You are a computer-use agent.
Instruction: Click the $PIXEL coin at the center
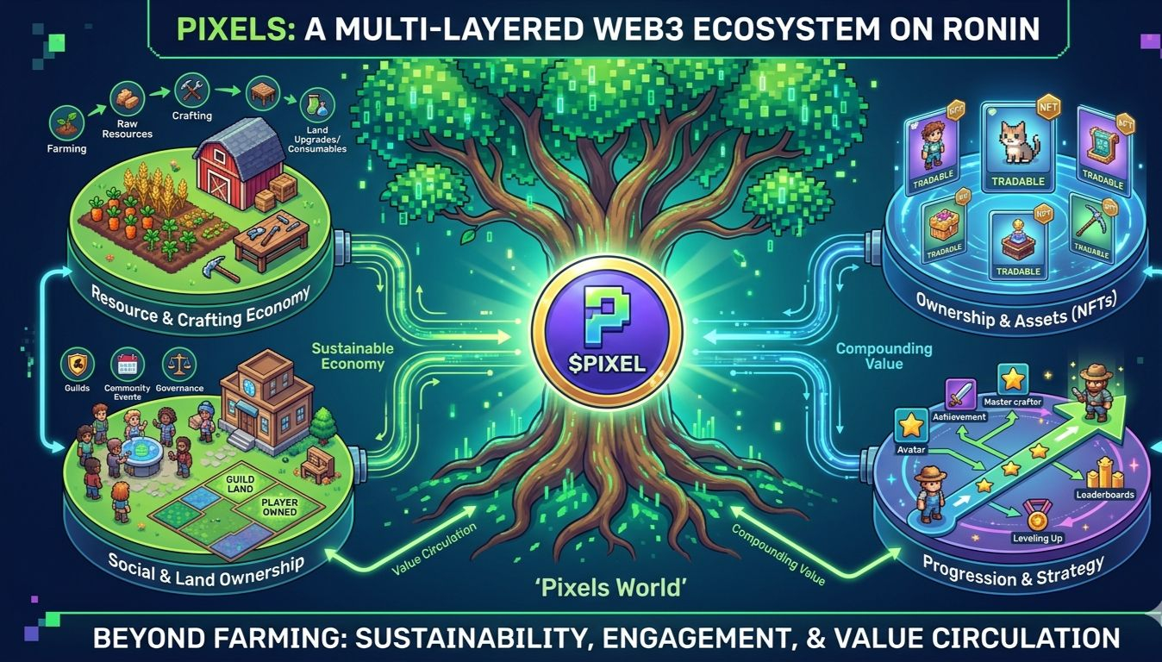click(x=607, y=333)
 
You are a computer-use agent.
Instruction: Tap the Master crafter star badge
click(x=1012, y=379)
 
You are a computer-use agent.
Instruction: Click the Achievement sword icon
click(x=959, y=395)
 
